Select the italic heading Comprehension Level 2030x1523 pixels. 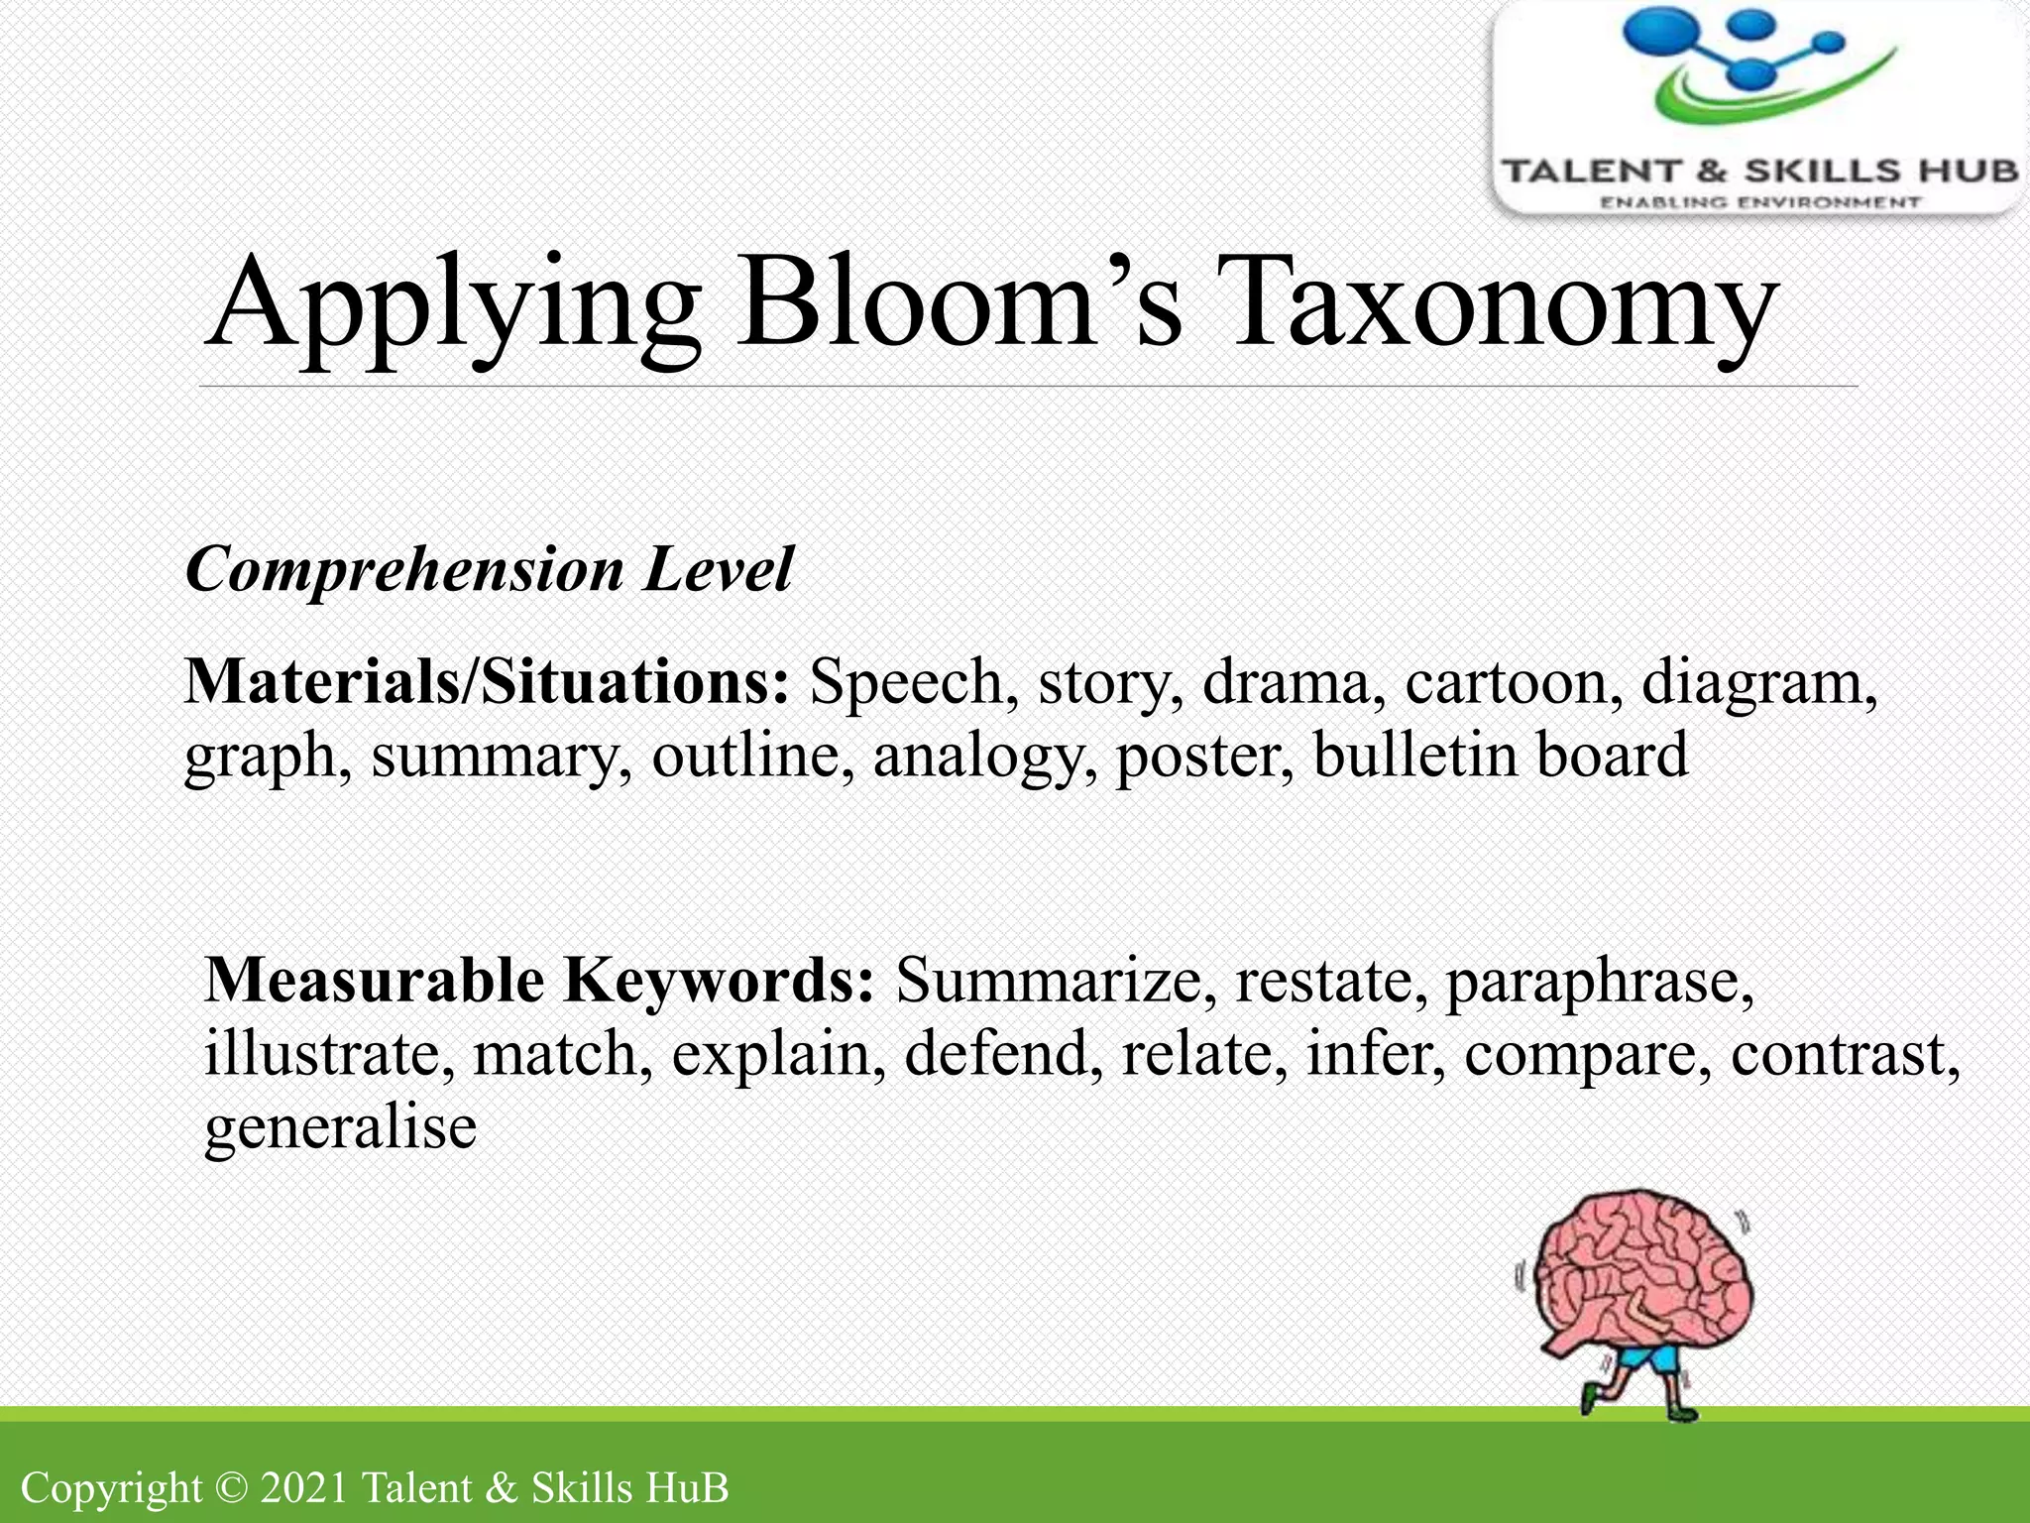pos(490,569)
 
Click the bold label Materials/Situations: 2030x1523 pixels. pos(487,682)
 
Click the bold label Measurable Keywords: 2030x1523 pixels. pos(539,981)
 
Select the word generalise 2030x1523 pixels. pos(340,1129)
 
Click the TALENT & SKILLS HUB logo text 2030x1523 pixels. pos(1759,172)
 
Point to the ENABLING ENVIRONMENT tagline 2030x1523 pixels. pos(1759,202)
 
